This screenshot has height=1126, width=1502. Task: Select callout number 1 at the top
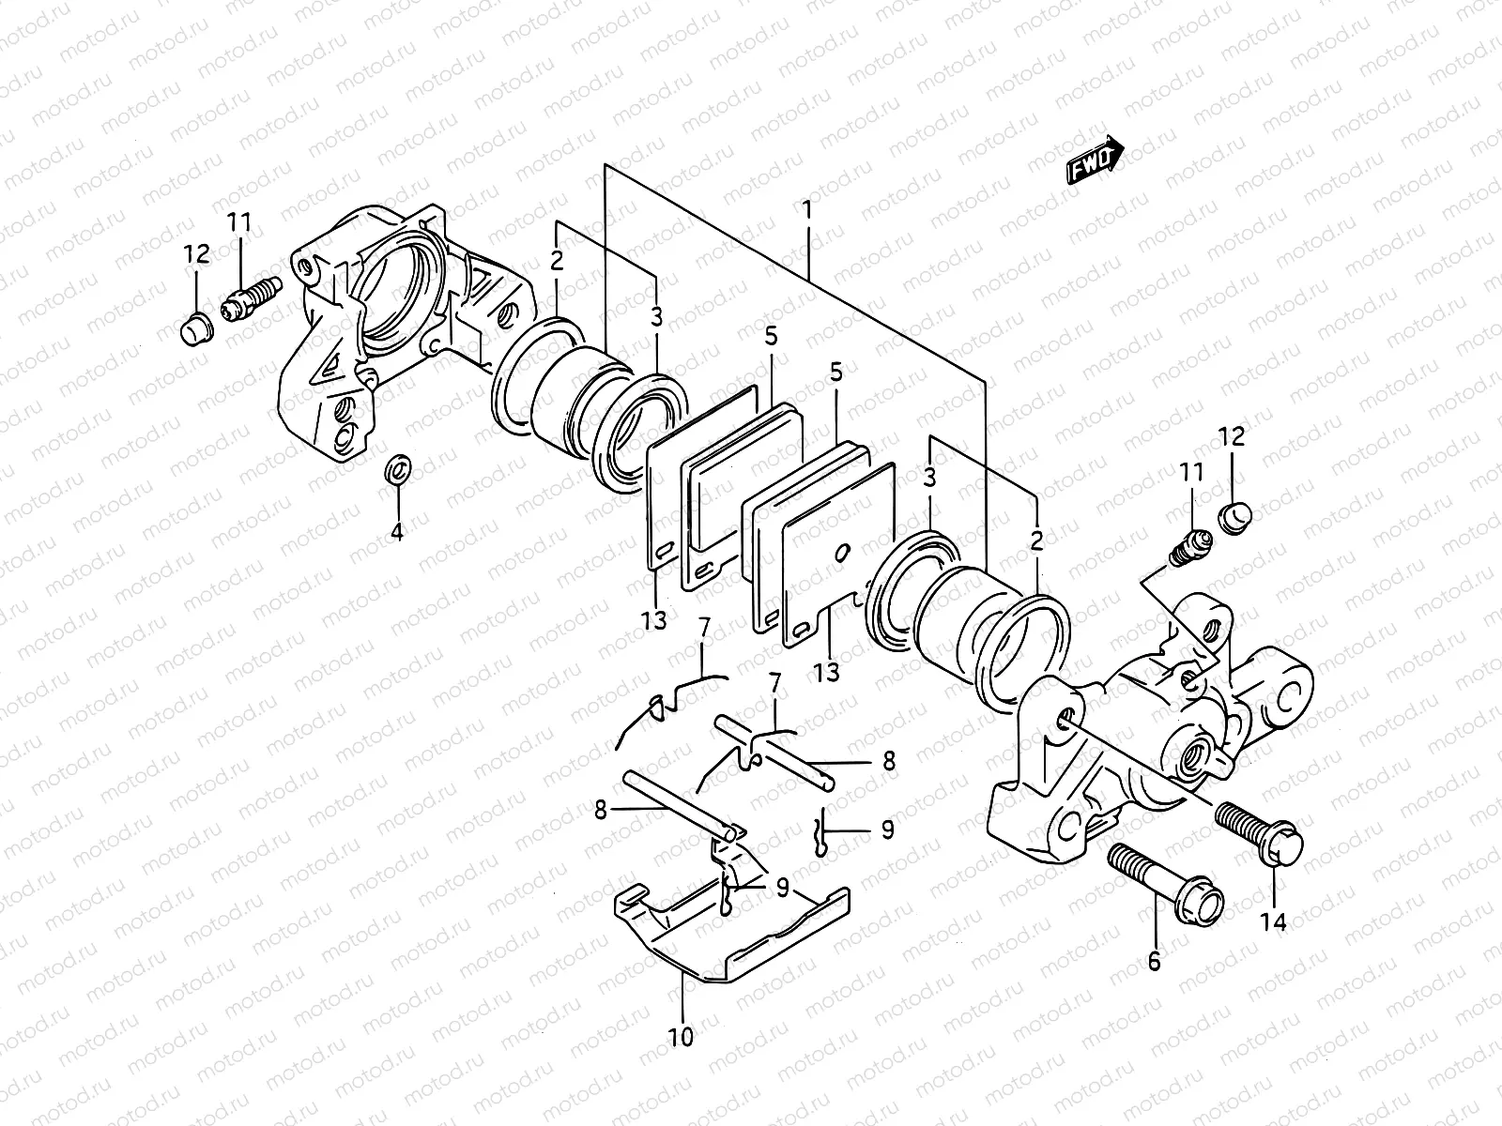pyautogui.click(x=806, y=209)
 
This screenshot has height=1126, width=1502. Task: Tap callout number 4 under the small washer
pyautogui.click(x=397, y=532)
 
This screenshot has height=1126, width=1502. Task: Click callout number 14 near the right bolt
pyautogui.click(x=1273, y=921)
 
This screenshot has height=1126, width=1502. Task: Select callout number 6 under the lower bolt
pyautogui.click(x=1154, y=961)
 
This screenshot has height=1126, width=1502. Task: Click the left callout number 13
pyautogui.click(x=654, y=619)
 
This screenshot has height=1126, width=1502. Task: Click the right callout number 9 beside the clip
pyautogui.click(x=886, y=829)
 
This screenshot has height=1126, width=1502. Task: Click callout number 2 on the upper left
pyautogui.click(x=557, y=261)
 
